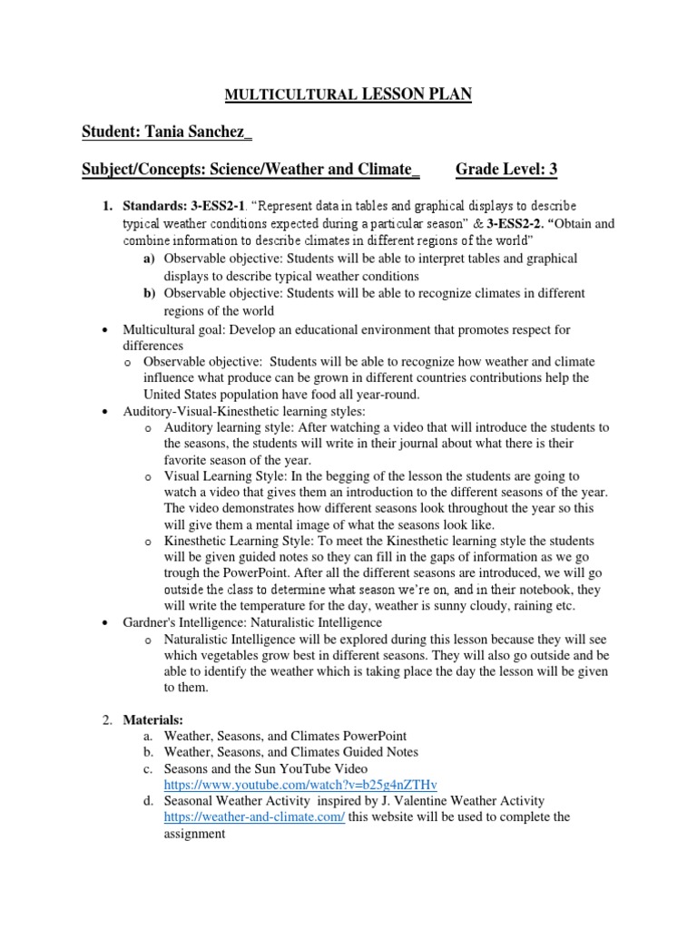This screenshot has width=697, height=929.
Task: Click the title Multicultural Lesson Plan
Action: coord(348,93)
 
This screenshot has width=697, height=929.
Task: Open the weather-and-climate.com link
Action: coord(254,817)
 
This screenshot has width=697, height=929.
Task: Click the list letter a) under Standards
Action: coord(149,259)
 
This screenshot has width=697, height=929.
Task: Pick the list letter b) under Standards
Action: coord(149,293)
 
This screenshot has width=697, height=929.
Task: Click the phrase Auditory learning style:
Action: coord(221,426)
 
